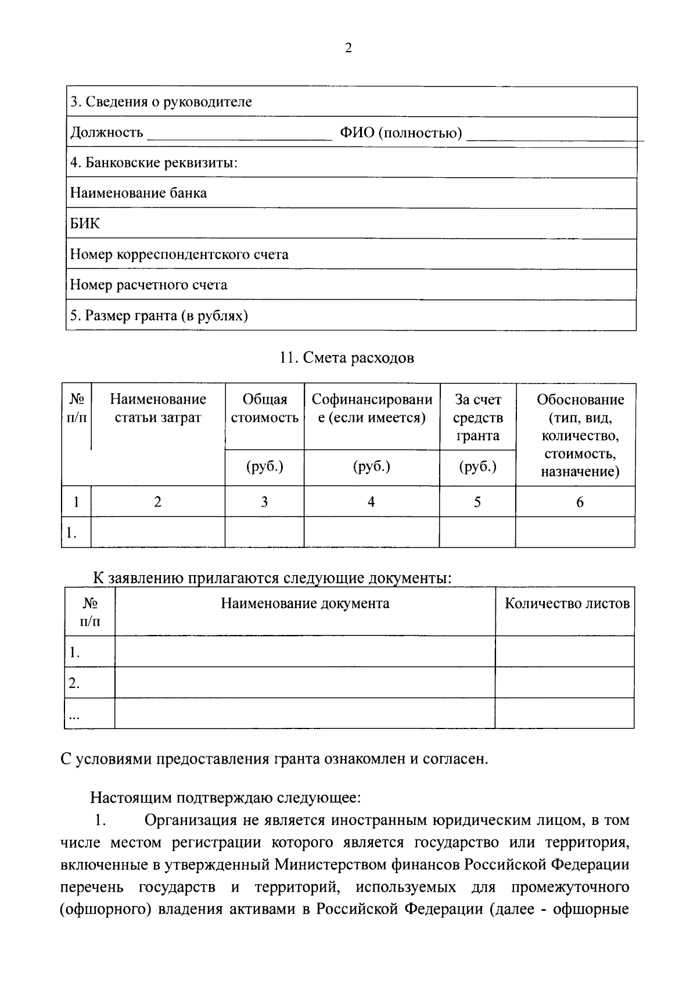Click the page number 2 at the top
point(348,49)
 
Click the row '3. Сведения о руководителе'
point(161,102)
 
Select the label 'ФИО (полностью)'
point(401,133)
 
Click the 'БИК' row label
point(85,224)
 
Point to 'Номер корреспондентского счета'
point(179,254)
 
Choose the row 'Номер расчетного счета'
point(149,285)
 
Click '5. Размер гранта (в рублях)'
point(159,315)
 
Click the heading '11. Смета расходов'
point(347,358)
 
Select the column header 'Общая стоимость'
point(264,408)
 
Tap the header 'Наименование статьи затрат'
point(158,408)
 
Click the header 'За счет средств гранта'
point(477,417)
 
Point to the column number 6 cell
point(579,502)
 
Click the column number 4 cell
point(371,502)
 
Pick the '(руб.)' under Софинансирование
point(371,466)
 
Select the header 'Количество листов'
point(566,604)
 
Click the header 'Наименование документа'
point(305,604)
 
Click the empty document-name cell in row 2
point(305,683)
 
